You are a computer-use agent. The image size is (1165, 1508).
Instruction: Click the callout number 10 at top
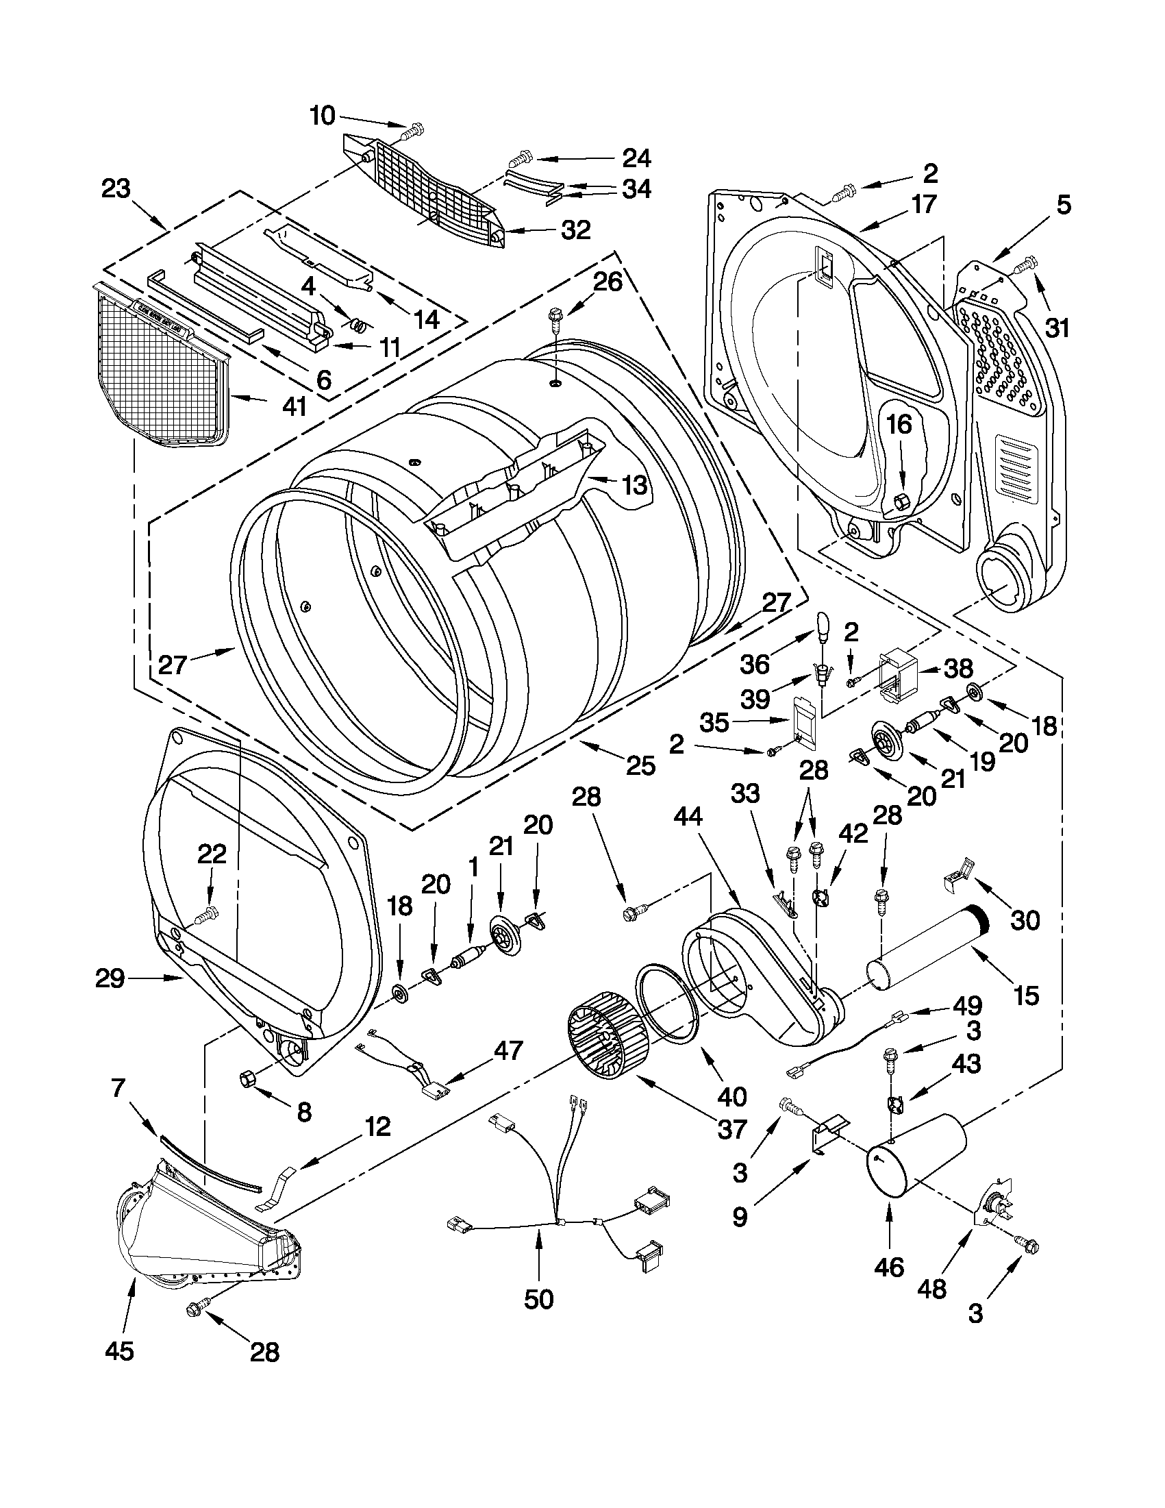click(322, 115)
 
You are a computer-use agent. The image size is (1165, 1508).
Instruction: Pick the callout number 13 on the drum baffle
click(634, 484)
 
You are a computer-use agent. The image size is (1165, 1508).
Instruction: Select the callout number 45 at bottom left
click(119, 1350)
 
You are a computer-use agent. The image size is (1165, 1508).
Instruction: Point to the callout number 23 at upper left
click(116, 188)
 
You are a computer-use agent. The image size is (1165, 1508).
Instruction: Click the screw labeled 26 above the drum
click(554, 317)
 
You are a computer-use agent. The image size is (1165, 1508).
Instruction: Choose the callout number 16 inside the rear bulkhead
click(899, 425)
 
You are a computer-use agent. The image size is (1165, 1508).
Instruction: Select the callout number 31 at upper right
click(1057, 327)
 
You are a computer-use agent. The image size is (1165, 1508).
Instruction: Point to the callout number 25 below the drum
click(640, 766)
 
